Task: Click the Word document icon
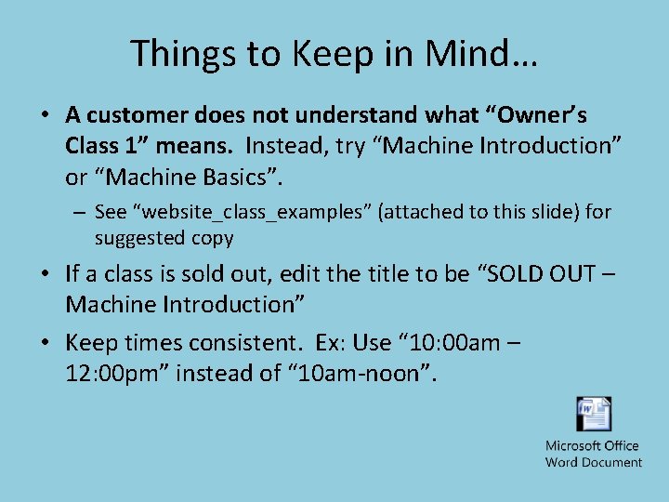[594, 415]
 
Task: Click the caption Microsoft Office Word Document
[594, 454]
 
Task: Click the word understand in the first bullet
[346, 115]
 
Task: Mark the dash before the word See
[81, 212]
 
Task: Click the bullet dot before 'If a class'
[45, 274]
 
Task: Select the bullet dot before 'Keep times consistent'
[45, 343]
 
